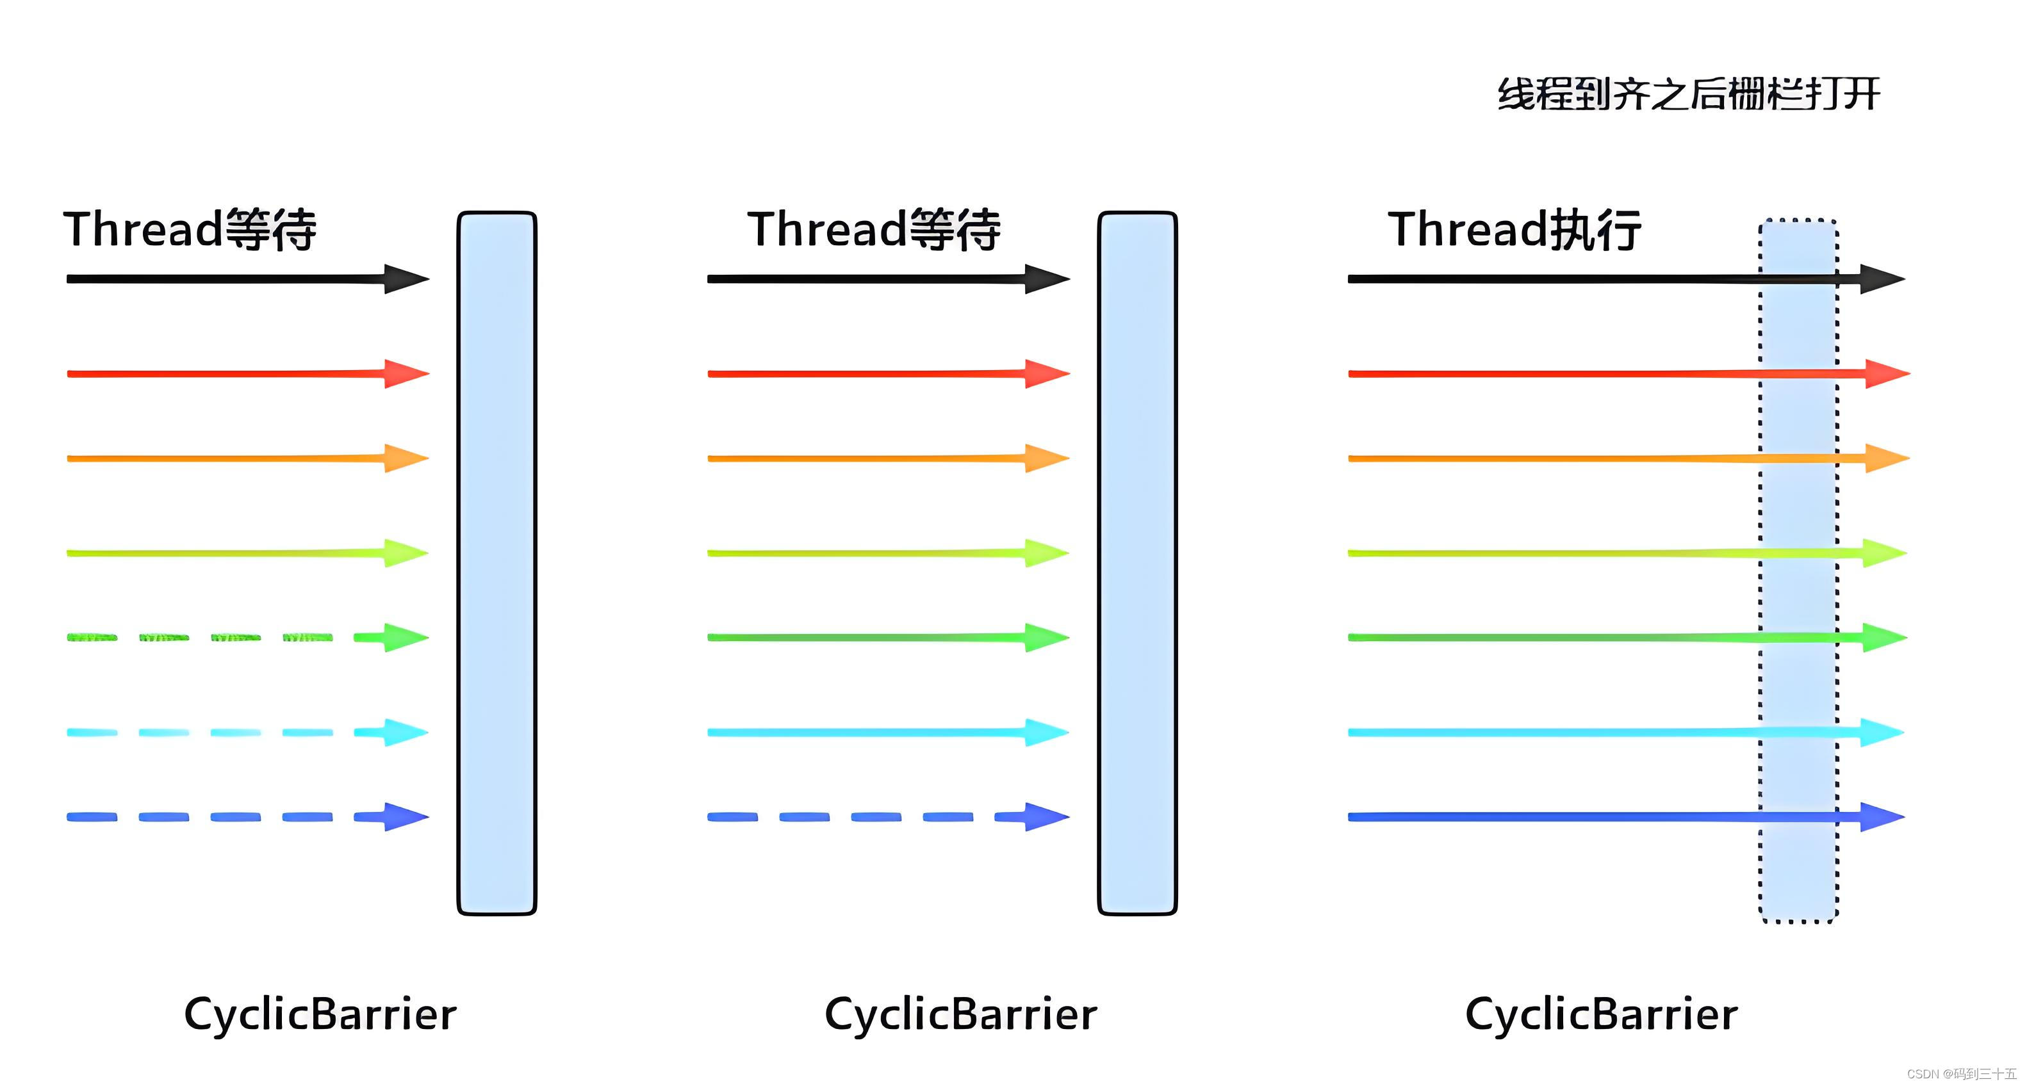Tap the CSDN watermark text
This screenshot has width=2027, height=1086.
pyautogui.click(x=1961, y=1073)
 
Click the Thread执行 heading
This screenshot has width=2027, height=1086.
pyautogui.click(x=1514, y=230)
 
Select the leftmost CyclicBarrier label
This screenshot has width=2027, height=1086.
pyautogui.click(x=320, y=1014)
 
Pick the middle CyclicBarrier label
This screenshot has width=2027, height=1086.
pyautogui.click(x=961, y=1014)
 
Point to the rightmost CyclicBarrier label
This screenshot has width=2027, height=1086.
pyautogui.click(x=1602, y=1014)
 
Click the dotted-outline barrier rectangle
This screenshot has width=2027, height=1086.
pyautogui.click(x=1799, y=570)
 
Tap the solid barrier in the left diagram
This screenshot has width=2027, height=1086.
pyautogui.click(x=496, y=563)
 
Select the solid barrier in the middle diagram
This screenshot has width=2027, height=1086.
pyautogui.click(x=1137, y=563)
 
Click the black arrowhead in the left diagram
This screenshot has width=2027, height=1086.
pyautogui.click(x=406, y=279)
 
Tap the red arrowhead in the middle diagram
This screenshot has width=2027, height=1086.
pyautogui.click(x=1046, y=373)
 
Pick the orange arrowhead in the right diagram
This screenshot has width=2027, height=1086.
pyautogui.click(x=1886, y=458)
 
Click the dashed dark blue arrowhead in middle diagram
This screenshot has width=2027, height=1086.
pyautogui.click(x=1046, y=817)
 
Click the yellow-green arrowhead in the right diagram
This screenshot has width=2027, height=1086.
pyautogui.click(x=1883, y=553)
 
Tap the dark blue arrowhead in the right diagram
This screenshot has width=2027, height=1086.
pyautogui.click(x=1882, y=817)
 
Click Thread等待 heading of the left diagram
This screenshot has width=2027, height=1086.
pyautogui.click(x=190, y=230)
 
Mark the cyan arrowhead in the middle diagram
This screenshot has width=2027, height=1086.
pyautogui.click(x=1046, y=732)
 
